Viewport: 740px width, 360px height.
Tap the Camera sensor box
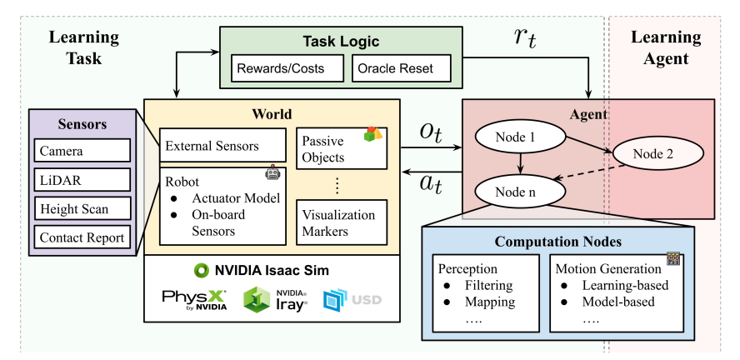click(82, 151)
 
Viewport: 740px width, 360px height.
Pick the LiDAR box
click(82, 179)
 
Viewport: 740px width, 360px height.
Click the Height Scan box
click(82, 208)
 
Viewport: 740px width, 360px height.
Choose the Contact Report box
click(82, 237)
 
